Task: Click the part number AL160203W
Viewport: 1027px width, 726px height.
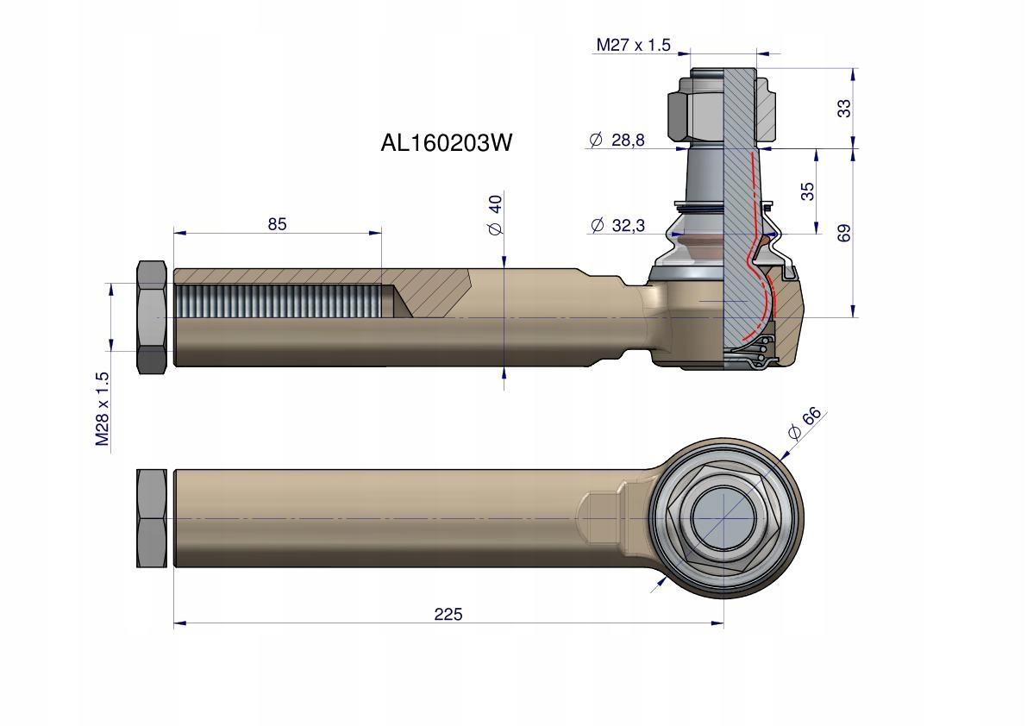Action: [x=446, y=143]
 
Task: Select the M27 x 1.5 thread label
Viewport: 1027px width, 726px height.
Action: [x=633, y=46]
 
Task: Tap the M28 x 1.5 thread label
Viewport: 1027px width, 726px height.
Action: [x=103, y=409]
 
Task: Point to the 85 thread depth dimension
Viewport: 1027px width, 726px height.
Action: [x=277, y=224]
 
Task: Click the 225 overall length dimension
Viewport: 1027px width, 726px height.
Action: [x=448, y=614]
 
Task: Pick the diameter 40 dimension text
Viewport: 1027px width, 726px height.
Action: [x=495, y=216]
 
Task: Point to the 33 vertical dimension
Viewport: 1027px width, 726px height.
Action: [x=844, y=108]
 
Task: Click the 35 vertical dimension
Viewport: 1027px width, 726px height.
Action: [x=807, y=191]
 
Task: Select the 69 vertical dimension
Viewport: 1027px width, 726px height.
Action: [x=844, y=233]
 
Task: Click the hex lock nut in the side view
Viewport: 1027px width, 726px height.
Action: [x=152, y=317]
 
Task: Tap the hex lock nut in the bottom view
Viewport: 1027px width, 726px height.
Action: [x=152, y=517]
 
